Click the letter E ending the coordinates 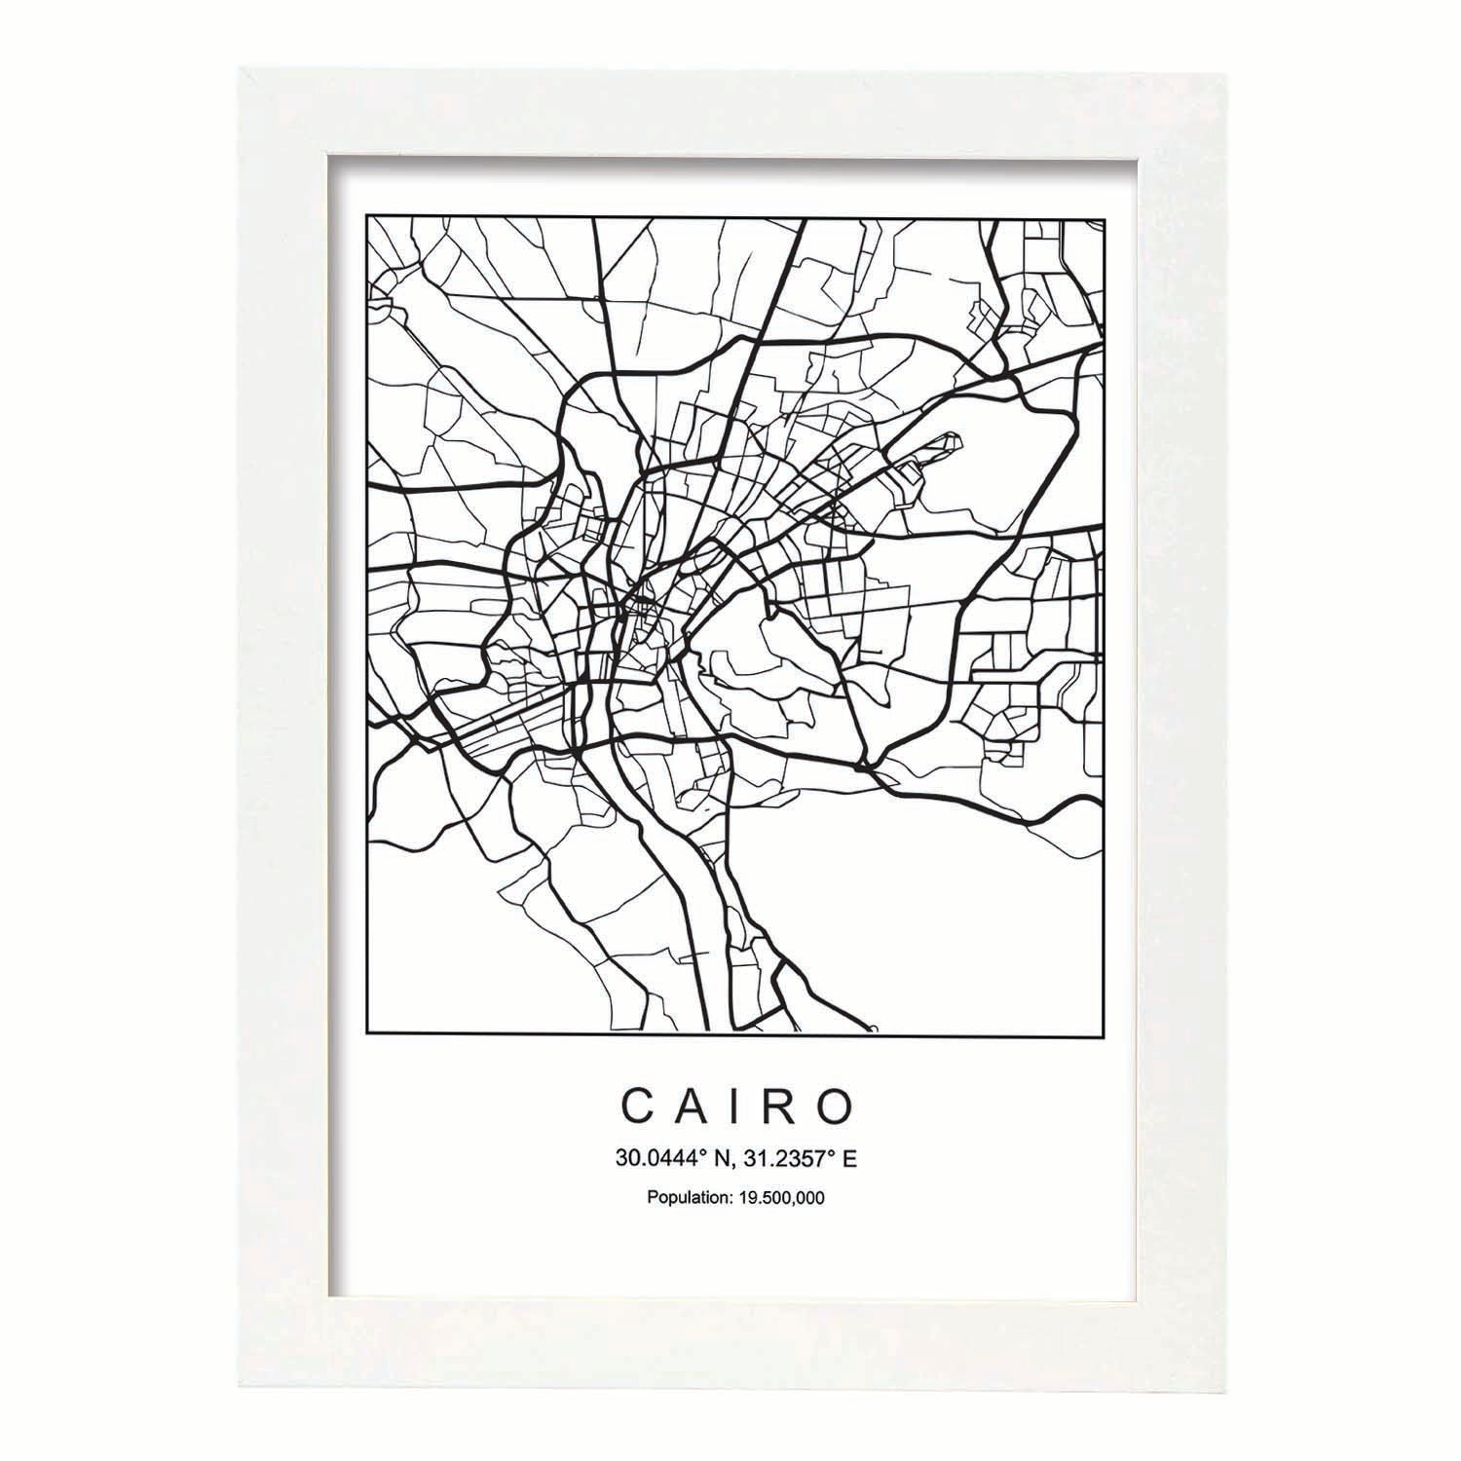pyautogui.click(x=849, y=1158)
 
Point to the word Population pyautogui.click(x=686, y=1198)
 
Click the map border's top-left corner pyautogui.click(x=365, y=217)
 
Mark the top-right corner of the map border pyautogui.click(x=1104, y=217)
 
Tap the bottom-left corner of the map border pyautogui.click(x=365, y=1032)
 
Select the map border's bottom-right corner pyautogui.click(x=1104, y=1032)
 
